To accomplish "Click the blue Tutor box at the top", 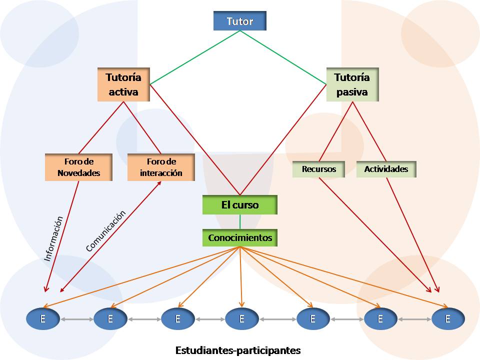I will pyautogui.click(x=239, y=21).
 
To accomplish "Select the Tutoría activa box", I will pyautogui.click(x=123, y=84).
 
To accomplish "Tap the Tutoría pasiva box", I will pyautogui.click(x=352, y=84).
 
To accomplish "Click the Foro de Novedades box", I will pyautogui.click(x=78, y=167).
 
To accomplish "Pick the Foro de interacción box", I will pyautogui.click(x=161, y=167).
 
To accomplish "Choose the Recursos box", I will pyautogui.click(x=319, y=169).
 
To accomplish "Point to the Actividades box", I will pyautogui.click(x=386, y=169).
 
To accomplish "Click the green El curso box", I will pyautogui.click(x=239, y=204).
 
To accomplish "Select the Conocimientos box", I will pyautogui.click(x=240, y=237).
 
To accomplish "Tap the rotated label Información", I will pyautogui.click(x=54, y=238).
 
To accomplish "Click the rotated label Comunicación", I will pyautogui.click(x=105, y=230).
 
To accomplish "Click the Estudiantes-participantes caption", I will pyautogui.click(x=238, y=350).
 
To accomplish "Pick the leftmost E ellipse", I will pyautogui.click(x=43, y=318).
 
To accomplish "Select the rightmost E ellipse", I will pyautogui.click(x=448, y=318).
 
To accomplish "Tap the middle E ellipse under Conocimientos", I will pyautogui.click(x=241, y=318).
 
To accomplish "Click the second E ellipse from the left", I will pyautogui.click(x=110, y=318).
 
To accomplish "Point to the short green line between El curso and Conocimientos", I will pyautogui.click(x=240, y=221).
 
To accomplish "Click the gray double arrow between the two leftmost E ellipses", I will pyautogui.click(x=76, y=318).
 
